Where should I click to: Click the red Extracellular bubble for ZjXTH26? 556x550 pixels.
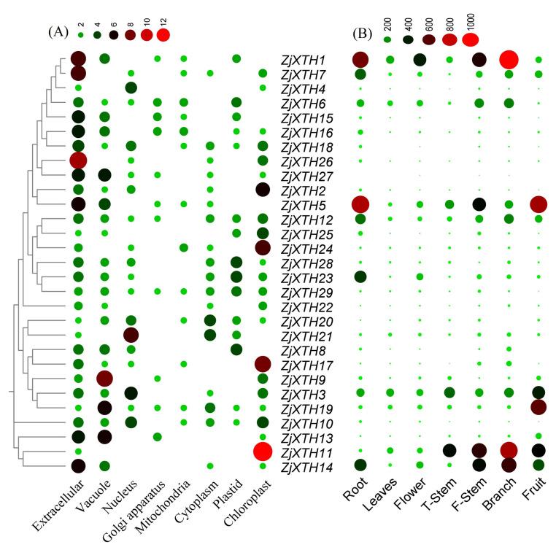[78, 160]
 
